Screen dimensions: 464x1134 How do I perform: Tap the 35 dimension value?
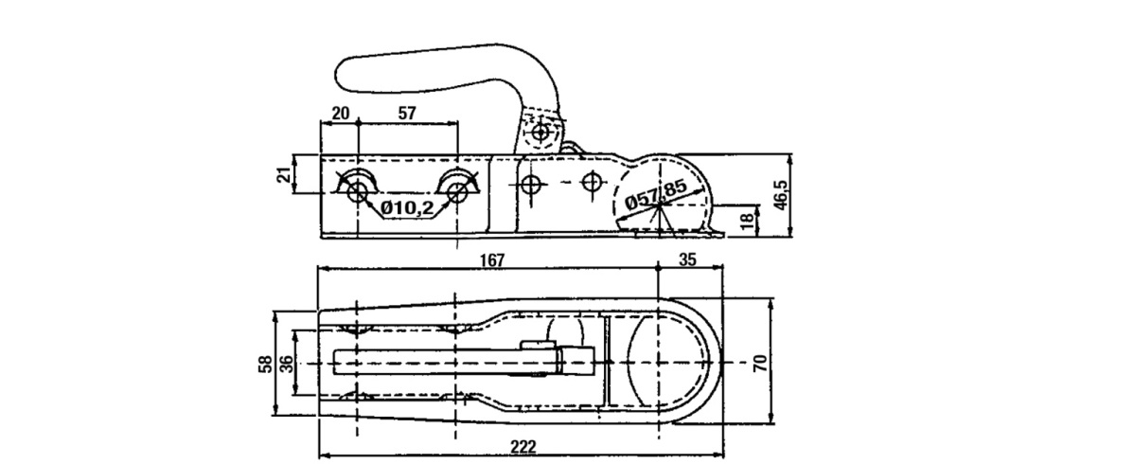(688, 259)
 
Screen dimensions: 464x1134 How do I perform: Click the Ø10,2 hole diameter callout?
(406, 206)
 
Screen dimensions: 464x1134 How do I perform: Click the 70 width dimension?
(759, 362)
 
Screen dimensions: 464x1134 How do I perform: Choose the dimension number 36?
(285, 364)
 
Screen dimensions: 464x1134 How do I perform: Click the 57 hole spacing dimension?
(407, 113)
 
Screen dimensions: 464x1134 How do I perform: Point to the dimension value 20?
(341, 113)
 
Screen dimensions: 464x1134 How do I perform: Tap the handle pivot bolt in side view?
(540, 133)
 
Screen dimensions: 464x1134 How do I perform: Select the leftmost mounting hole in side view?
(357, 193)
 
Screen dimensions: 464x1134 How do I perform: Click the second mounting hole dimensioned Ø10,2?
(457, 193)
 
